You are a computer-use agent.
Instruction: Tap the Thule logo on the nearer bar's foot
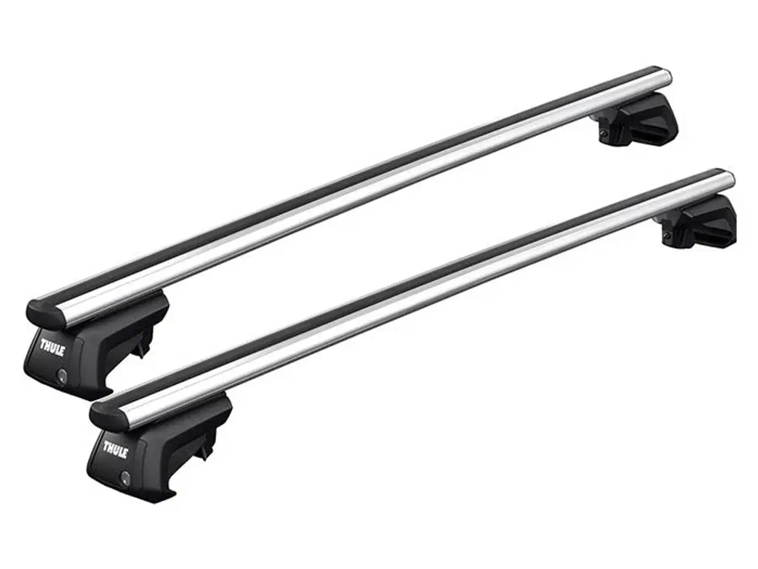(x=114, y=449)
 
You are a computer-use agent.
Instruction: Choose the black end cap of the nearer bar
(x=99, y=414)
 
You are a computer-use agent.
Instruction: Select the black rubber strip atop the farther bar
(x=332, y=178)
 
